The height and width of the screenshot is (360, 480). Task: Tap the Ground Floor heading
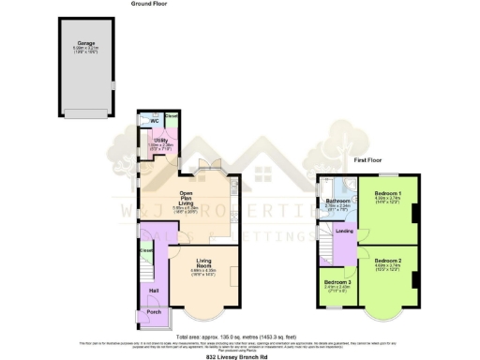click(148, 5)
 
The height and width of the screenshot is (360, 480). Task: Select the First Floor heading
click(366, 160)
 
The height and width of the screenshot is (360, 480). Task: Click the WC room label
click(153, 122)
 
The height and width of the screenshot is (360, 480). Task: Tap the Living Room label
click(203, 265)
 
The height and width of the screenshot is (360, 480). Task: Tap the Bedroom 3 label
click(337, 281)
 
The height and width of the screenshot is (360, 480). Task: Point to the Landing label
click(344, 231)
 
